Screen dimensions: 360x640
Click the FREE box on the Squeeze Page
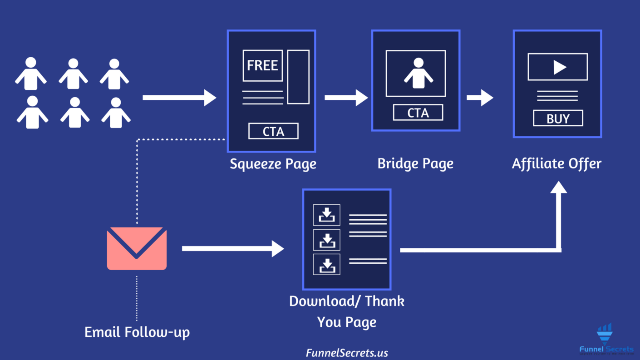coord(262,66)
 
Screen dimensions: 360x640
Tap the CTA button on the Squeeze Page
coord(273,131)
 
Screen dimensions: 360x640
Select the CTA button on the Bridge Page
coord(418,113)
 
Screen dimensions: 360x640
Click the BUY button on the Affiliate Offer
coord(558,118)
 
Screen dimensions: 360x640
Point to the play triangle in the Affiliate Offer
coord(559,67)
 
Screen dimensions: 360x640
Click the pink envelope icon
coord(137,248)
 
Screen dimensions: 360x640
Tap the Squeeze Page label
coord(273,163)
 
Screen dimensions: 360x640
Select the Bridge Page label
coord(415,163)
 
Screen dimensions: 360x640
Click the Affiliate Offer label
coord(556,163)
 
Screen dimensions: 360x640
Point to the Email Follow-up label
coord(137,332)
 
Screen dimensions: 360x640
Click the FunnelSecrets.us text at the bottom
coord(347,353)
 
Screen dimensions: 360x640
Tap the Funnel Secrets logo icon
coord(605,334)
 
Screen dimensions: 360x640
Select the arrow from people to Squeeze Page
coord(179,98)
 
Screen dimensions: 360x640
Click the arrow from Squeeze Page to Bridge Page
coord(346,98)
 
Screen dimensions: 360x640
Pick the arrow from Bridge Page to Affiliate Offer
coord(480,98)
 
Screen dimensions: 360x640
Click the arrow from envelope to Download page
coord(232,248)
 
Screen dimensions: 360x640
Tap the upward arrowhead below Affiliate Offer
coord(559,187)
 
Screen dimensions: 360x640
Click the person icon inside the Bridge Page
coord(418,73)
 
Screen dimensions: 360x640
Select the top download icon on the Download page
coord(326,215)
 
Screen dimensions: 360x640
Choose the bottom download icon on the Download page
coord(326,264)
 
